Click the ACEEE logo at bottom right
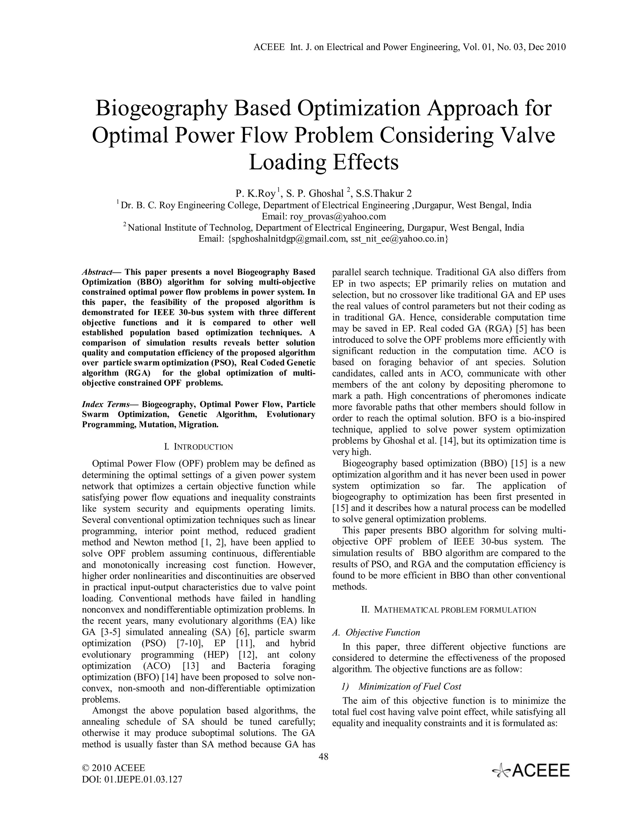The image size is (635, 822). pos(531,771)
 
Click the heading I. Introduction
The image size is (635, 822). pos(199,447)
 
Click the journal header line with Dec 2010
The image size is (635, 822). pos(410,47)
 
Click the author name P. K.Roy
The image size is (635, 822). pos(255,194)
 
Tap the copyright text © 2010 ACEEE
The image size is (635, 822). pos(113,768)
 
